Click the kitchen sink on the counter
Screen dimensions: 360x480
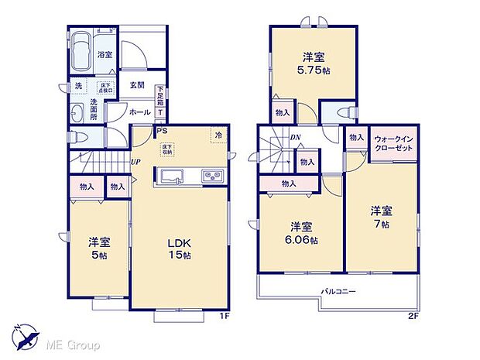pos(171,177)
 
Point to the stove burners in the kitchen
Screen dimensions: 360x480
pos(212,177)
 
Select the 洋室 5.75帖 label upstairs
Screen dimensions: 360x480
pos(314,63)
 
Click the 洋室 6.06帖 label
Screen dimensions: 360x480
pos(302,232)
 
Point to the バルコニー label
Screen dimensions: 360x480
pos(339,291)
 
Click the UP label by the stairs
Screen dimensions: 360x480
pos(135,162)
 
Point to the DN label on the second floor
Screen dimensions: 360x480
pos(296,139)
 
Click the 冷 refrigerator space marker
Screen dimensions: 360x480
pos(219,135)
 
